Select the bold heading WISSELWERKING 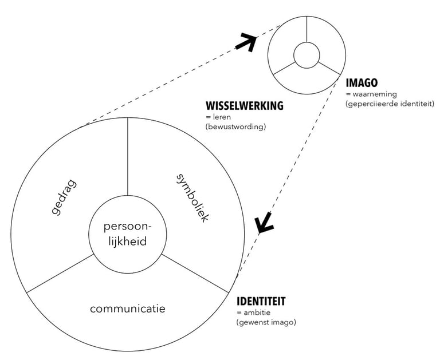click(x=245, y=106)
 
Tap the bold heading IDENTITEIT click(x=261, y=301)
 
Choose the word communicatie click(x=127, y=309)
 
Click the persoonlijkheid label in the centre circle click(x=127, y=233)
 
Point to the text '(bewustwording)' click(x=235, y=126)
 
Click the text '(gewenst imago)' click(x=266, y=322)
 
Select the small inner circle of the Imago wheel click(x=306, y=56)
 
